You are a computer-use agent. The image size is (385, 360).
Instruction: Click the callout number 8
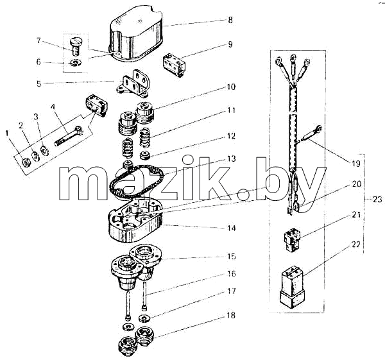tap(230, 20)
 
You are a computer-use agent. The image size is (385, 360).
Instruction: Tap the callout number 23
tap(377, 199)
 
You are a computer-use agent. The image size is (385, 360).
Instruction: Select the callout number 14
tap(231, 228)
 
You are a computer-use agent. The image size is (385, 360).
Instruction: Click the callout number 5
tap(38, 83)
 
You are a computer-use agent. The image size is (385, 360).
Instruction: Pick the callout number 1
tap(7, 133)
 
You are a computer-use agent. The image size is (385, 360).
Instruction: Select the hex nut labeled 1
tap(26, 162)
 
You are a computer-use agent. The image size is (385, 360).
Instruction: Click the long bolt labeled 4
tap(69, 137)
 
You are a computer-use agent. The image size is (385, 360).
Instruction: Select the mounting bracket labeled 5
tap(133, 83)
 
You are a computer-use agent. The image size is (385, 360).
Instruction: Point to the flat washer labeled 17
tap(144, 318)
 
